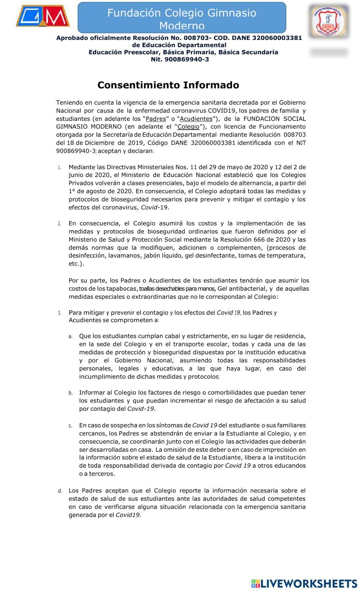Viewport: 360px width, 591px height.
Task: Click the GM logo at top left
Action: (x=42, y=16)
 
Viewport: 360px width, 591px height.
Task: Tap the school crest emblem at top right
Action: (x=329, y=21)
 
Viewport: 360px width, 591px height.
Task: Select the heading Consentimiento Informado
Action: (x=168, y=85)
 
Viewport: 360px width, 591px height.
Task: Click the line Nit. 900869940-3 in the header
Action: (x=180, y=59)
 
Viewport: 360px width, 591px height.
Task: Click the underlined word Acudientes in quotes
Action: (x=196, y=119)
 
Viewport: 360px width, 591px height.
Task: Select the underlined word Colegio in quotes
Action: (x=188, y=127)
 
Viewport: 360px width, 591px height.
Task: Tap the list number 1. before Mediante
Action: (x=59, y=167)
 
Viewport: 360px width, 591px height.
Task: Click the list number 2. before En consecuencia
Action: (x=59, y=224)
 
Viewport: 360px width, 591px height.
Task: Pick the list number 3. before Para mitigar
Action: (x=59, y=313)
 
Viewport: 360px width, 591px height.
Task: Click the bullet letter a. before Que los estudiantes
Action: (x=71, y=336)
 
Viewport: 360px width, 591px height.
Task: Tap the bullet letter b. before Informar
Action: (x=71, y=393)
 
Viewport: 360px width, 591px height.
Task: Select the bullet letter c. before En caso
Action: (x=71, y=426)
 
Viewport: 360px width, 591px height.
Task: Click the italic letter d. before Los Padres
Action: (x=60, y=491)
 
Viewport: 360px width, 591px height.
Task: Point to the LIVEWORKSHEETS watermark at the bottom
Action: (x=304, y=583)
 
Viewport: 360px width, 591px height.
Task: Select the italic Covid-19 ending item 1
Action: (x=154, y=208)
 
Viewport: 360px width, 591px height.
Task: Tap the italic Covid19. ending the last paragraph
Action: (x=128, y=515)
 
